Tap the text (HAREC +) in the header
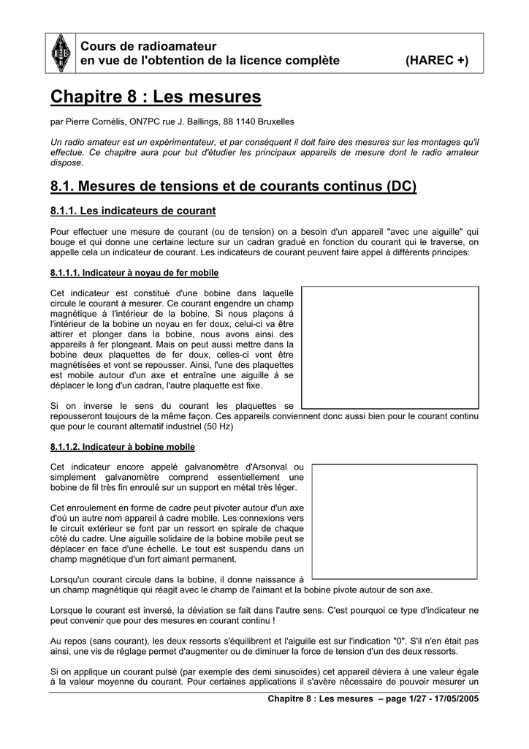coord(437,60)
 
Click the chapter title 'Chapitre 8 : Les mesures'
coord(156,97)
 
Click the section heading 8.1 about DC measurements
coord(233,187)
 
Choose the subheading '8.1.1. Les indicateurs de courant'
coord(133,211)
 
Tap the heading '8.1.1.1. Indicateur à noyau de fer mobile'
coord(134,273)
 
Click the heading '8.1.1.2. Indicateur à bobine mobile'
coord(123,446)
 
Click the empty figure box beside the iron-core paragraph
coord(390,347)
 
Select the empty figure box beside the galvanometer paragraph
coord(395,522)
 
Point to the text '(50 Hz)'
coord(219,426)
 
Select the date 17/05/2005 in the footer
coord(454,699)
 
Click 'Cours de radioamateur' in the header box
coord(138,47)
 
